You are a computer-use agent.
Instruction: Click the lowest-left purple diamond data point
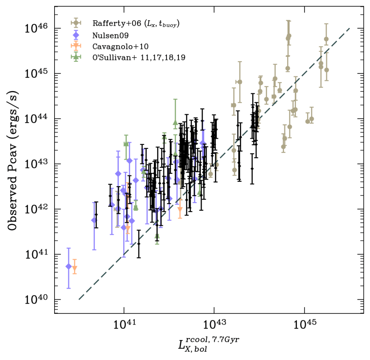tap(69, 266)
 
